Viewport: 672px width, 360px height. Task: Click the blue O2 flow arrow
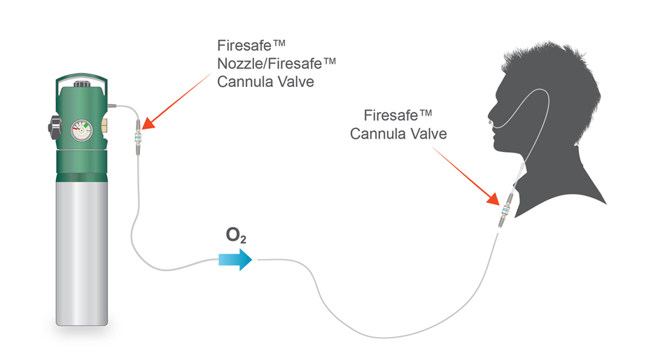point(235,260)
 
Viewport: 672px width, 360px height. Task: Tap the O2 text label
point(236,235)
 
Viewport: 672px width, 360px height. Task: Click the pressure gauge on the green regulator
point(81,131)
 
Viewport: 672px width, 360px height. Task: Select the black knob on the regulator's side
point(55,127)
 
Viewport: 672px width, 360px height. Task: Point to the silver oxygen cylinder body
point(81,253)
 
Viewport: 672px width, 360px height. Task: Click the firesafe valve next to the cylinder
point(138,137)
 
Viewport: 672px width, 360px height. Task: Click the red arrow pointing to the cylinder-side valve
point(176,101)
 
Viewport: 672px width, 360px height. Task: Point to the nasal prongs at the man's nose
point(490,123)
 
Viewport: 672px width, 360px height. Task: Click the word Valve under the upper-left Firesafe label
point(297,81)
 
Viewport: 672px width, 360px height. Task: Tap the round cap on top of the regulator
point(81,84)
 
